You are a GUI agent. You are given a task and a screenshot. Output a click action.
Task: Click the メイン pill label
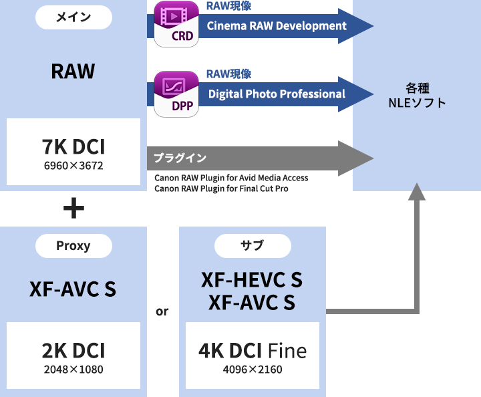[73, 17]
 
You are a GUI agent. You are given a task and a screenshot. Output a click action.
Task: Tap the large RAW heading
[73, 71]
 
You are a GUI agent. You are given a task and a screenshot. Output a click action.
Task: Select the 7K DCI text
[73, 146]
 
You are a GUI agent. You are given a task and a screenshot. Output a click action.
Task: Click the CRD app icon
[176, 25]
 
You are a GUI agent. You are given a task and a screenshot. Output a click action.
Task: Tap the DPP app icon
[176, 93]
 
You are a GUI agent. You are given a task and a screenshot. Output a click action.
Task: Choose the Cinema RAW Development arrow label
[277, 26]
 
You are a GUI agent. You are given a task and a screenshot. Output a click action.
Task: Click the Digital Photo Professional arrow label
[277, 94]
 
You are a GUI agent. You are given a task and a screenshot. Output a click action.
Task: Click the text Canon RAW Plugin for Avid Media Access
[231, 178]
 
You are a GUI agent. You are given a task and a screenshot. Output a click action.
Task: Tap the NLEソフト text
[417, 103]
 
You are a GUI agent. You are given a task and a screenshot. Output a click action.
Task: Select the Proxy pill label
[73, 245]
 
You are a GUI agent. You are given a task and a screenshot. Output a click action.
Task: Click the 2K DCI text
[73, 350]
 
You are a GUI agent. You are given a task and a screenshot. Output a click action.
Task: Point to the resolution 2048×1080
[73, 369]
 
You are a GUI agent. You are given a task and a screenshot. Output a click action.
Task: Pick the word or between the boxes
[162, 311]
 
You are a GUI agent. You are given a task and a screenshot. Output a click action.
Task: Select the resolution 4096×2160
[253, 369]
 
